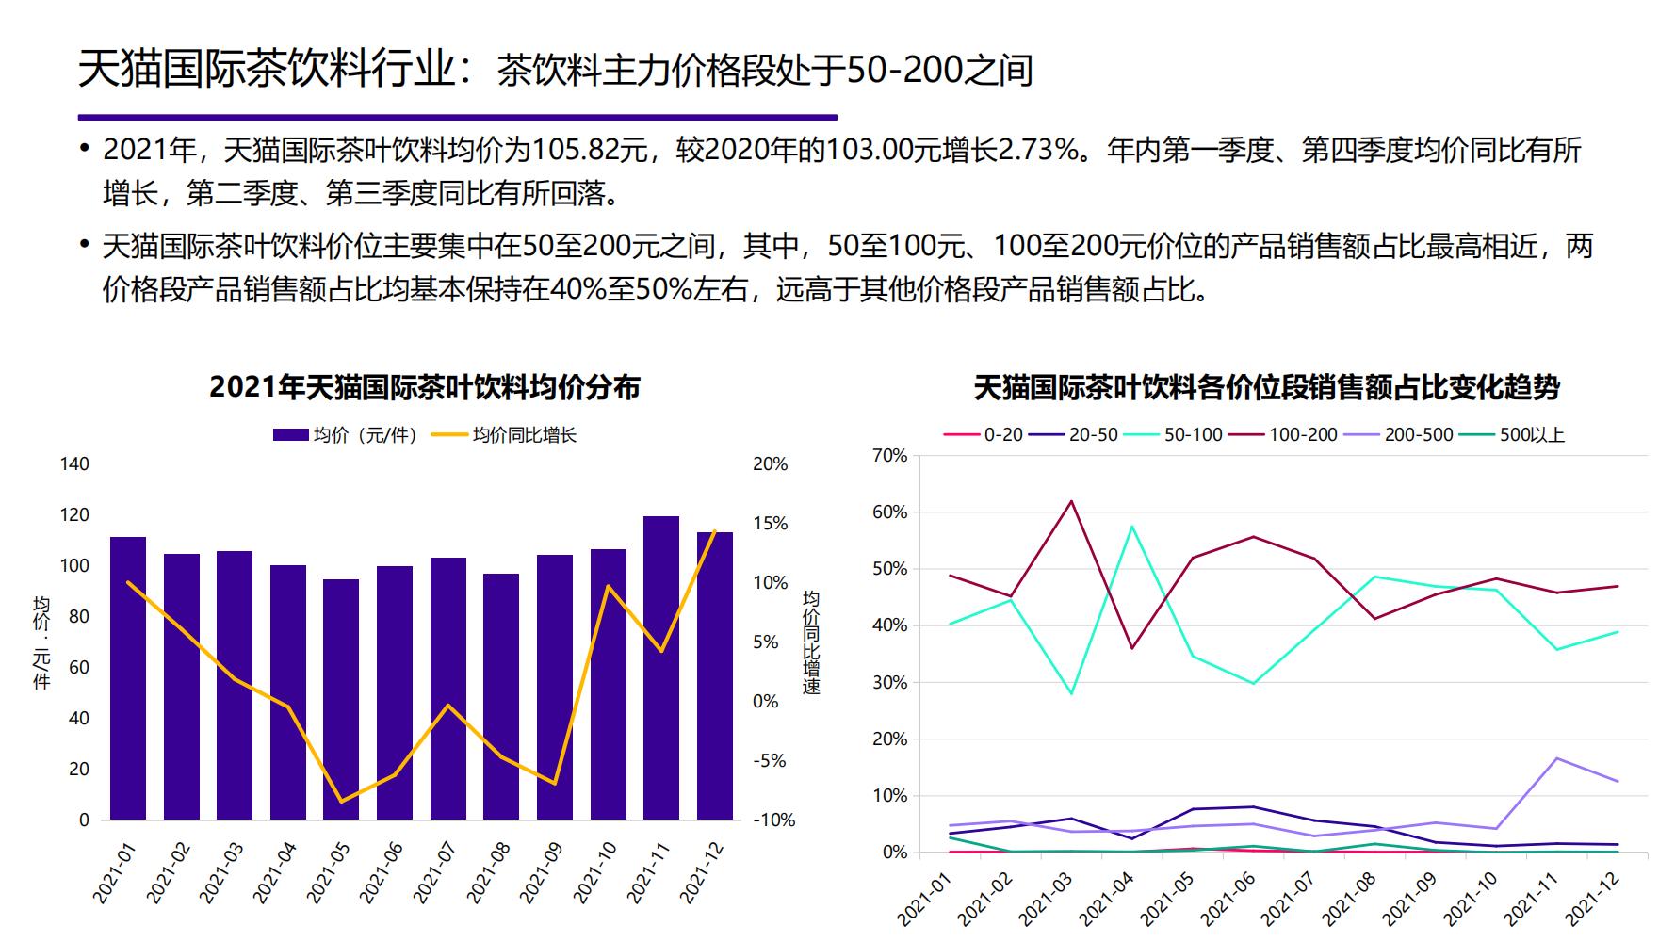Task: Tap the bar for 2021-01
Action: coord(128,677)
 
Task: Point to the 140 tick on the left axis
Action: coord(74,463)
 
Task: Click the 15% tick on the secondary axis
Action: coord(770,524)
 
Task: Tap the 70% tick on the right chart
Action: coord(890,456)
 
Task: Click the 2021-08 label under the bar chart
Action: coord(490,871)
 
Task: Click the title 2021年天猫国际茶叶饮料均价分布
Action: coord(425,387)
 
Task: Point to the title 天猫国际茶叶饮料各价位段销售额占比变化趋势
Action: coord(1266,387)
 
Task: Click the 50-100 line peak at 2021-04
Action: coord(1131,526)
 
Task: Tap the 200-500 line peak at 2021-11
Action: coord(1557,758)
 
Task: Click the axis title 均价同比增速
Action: coord(811,642)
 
